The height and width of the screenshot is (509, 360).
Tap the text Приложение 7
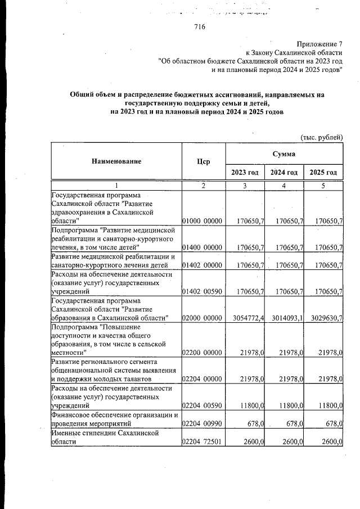coord(319,43)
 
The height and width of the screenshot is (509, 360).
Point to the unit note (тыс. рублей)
coord(322,137)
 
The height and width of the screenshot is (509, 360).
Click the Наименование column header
coord(117,161)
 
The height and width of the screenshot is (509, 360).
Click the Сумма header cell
coord(284,153)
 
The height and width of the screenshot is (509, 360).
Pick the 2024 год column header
coord(284,172)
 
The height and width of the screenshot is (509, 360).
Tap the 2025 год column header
coord(323,172)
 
